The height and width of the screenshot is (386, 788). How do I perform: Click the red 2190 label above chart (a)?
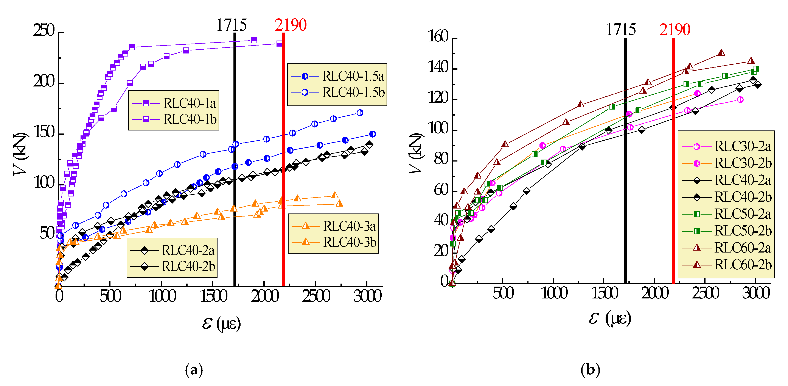[x=290, y=25]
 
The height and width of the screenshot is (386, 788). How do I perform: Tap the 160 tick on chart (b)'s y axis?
[x=438, y=37]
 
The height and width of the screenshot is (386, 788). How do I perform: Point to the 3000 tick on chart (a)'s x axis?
[x=367, y=296]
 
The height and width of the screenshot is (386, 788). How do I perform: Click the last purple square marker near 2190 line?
[x=279, y=44]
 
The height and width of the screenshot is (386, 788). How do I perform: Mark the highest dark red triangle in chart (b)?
[x=721, y=53]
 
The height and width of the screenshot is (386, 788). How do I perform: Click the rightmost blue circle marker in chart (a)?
[x=372, y=134]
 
